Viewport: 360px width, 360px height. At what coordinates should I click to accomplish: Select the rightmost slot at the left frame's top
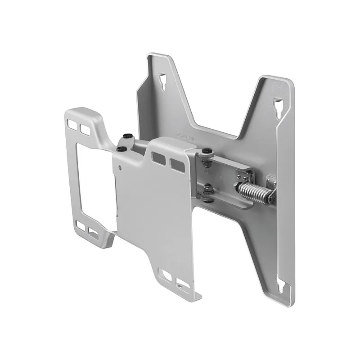(85, 129)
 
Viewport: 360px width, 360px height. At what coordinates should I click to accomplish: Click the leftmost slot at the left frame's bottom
(81, 225)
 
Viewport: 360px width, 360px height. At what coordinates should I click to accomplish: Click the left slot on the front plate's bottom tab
(166, 275)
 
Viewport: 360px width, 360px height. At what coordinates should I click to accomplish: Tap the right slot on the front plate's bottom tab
(182, 284)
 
